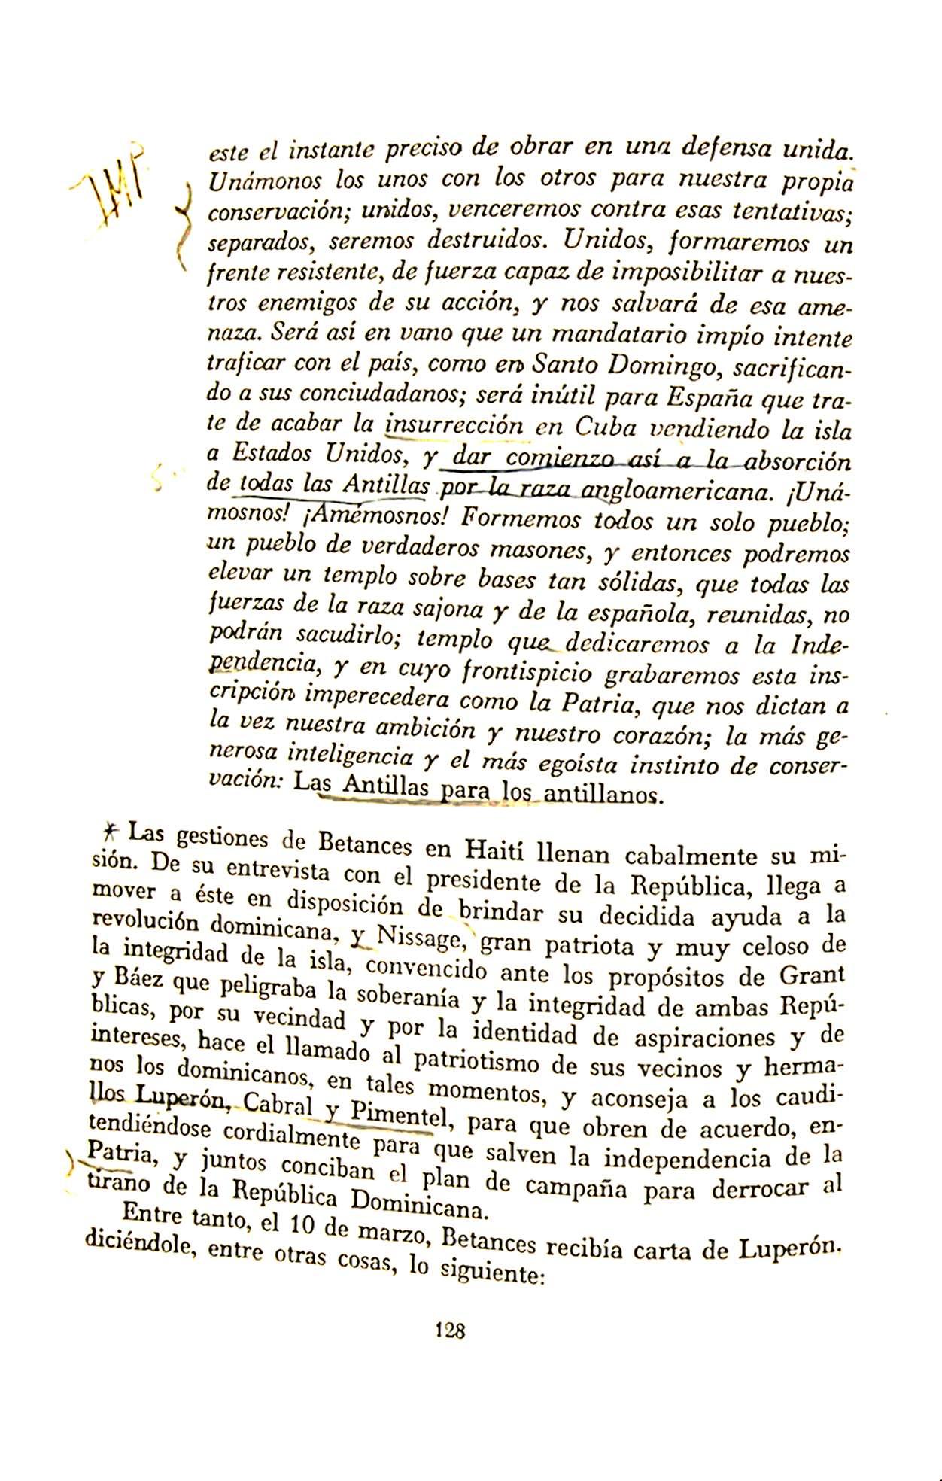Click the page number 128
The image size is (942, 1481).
(x=451, y=1330)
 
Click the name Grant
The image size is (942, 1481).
(x=812, y=975)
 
